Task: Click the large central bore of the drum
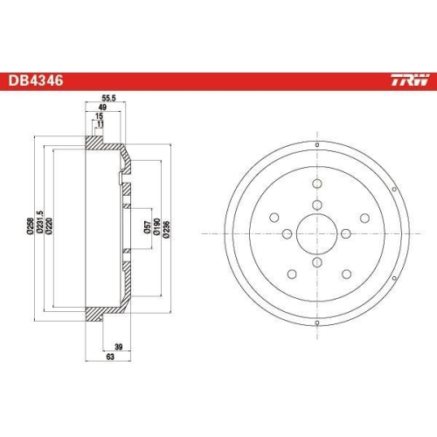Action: click(x=316, y=232)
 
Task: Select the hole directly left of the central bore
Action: click(x=287, y=232)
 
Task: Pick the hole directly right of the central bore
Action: click(x=346, y=232)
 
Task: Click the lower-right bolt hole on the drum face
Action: click(x=356, y=252)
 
